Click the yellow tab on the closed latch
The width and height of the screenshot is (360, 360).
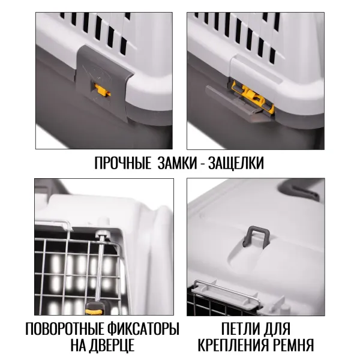102,90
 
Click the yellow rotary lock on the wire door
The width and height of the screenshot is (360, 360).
94,310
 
